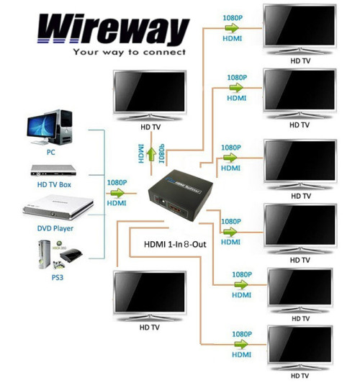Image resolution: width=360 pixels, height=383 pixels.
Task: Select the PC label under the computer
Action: [x=51, y=153]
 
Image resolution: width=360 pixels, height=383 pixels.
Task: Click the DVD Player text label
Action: [x=55, y=227]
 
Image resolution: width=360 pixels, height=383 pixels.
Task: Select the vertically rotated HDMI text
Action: [x=142, y=153]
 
